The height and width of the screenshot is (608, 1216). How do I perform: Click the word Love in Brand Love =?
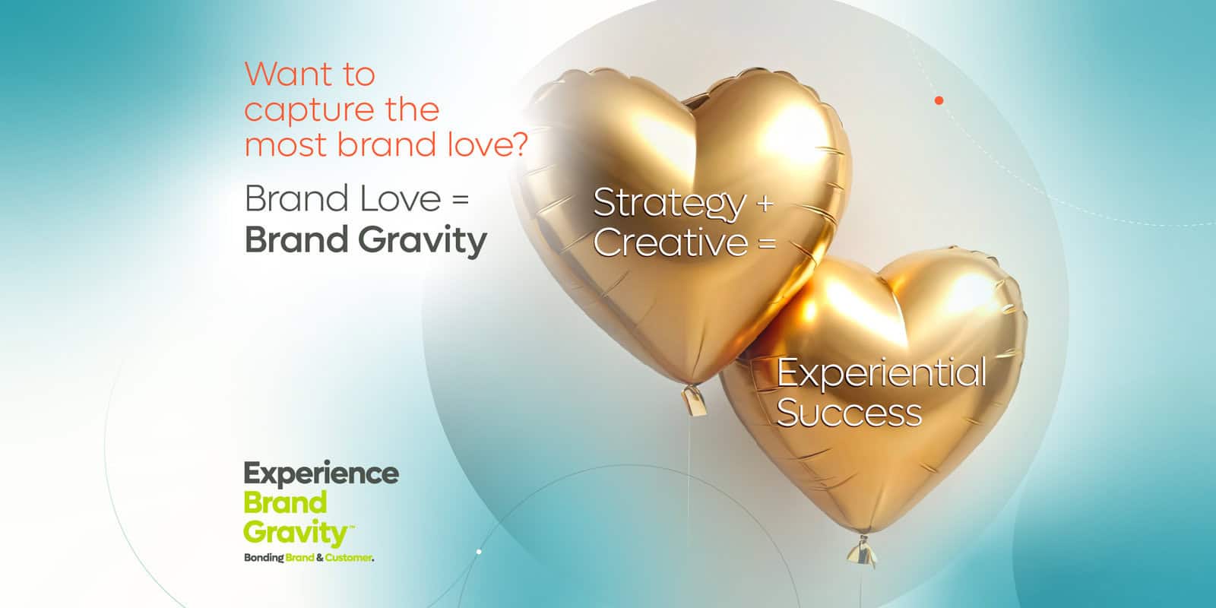(x=400, y=198)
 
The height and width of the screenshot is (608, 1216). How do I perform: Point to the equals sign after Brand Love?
(x=460, y=200)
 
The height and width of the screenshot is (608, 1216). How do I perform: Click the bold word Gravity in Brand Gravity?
(x=423, y=240)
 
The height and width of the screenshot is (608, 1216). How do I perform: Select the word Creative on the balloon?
(x=670, y=242)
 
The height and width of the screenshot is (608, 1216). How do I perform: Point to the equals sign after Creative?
(x=767, y=243)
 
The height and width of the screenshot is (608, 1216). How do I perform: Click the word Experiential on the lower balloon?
(x=882, y=373)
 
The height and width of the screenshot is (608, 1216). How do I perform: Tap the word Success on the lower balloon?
(x=849, y=413)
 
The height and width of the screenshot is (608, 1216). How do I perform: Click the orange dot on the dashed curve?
(x=939, y=100)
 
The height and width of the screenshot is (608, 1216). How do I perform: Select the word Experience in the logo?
(x=321, y=474)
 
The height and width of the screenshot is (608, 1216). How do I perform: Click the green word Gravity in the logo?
(x=296, y=533)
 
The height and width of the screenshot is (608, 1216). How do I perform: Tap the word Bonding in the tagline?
(x=264, y=558)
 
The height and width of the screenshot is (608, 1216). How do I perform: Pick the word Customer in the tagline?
(x=349, y=558)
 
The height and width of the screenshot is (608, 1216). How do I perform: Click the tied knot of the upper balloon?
(x=695, y=400)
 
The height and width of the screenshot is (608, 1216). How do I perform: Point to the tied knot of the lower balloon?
(x=862, y=552)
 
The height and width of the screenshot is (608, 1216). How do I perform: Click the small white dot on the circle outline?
(x=479, y=552)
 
